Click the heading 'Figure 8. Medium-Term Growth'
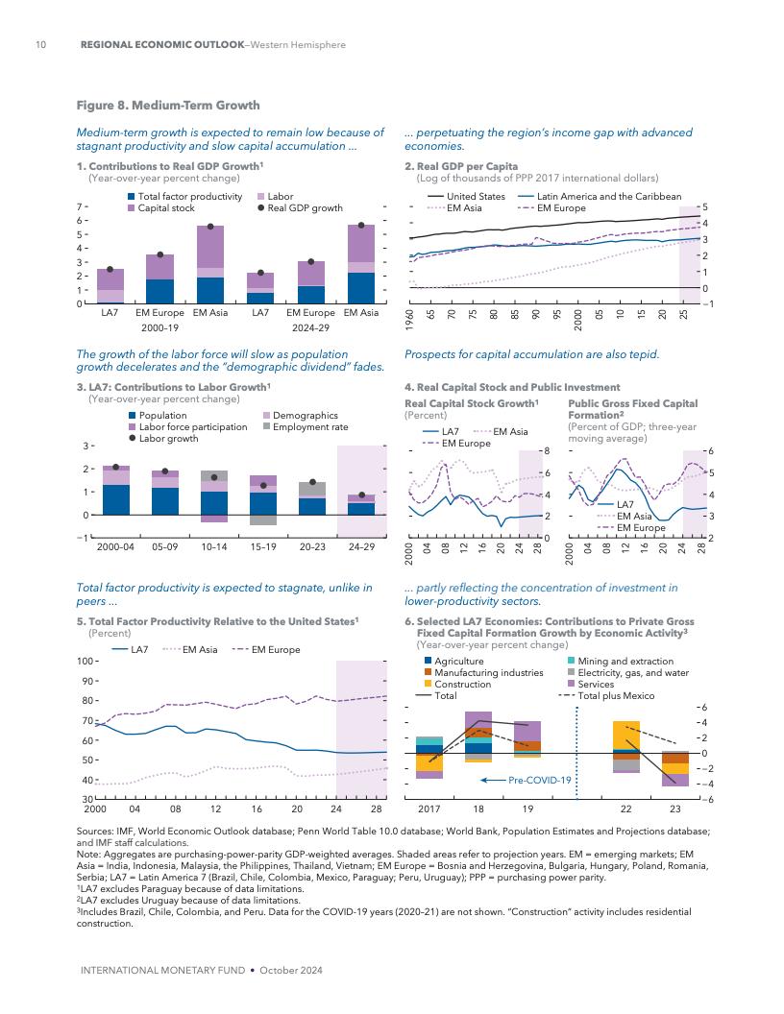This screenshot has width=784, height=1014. point(168,106)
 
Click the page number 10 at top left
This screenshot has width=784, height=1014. point(40,45)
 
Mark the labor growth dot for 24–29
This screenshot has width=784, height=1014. point(361,495)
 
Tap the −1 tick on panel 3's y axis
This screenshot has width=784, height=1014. point(85,538)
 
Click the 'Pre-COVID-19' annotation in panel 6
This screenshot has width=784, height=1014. point(541,780)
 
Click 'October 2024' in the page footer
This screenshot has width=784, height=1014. point(291,971)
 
